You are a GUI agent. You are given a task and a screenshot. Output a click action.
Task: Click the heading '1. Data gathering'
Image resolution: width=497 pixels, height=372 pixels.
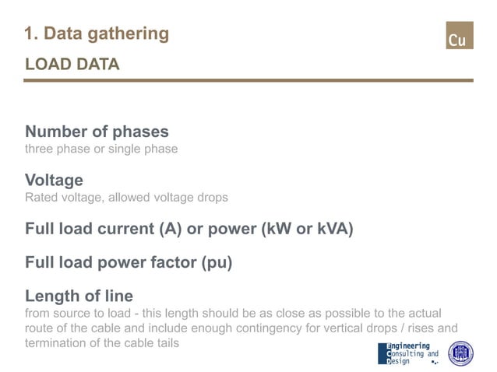click(x=97, y=33)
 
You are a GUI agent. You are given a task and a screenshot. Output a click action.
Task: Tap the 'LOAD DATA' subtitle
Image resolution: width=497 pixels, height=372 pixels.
click(x=72, y=65)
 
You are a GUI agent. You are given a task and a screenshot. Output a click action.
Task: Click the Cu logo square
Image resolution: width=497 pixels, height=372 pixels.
click(x=459, y=36)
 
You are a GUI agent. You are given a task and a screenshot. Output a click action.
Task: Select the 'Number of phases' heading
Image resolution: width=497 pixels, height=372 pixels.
click(x=97, y=132)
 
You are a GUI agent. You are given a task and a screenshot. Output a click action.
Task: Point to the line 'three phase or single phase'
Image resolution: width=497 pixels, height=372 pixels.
click(x=101, y=149)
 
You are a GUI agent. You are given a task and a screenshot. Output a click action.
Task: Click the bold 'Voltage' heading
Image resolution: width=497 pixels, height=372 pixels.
click(x=54, y=181)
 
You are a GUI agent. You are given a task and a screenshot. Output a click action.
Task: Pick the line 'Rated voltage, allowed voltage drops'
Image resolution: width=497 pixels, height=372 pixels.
click(x=126, y=198)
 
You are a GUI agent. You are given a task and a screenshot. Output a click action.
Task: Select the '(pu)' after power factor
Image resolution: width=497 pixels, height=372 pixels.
click(x=216, y=262)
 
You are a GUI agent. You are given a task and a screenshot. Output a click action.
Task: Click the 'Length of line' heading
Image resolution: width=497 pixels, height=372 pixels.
click(x=79, y=296)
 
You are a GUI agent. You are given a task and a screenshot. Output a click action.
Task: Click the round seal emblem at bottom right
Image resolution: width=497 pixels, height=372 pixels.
click(x=460, y=353)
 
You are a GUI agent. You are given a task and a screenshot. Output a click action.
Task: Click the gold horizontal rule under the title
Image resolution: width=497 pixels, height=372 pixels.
click(x=248, y=80)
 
